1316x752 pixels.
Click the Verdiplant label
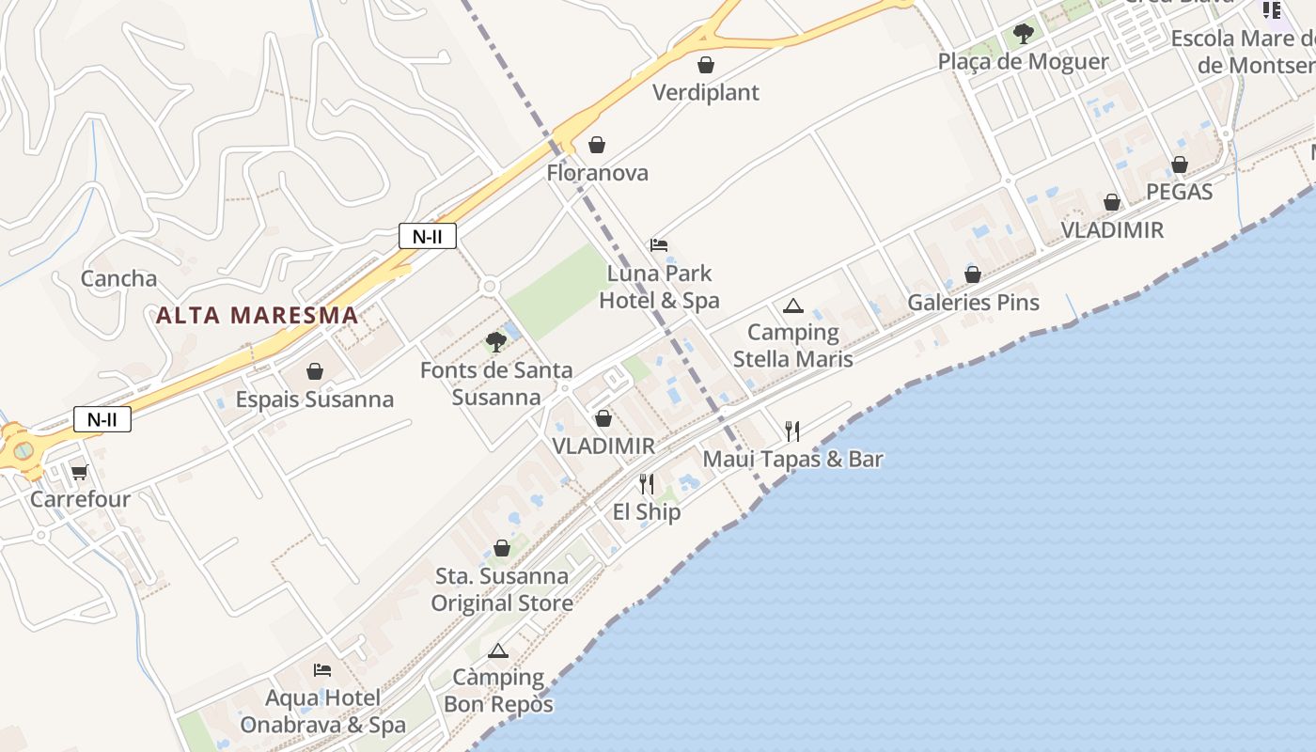pyautogui.click(x=706, y=92)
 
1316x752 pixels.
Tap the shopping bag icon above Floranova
pyautogui.click(x=596, y=145)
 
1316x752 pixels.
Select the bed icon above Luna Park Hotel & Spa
pyautogui.click(x=659, y=245)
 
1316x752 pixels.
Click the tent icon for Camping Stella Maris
pyautogui.click(x=793, y=305)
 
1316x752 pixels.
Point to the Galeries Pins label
pyautogui.click(x=973, y=302)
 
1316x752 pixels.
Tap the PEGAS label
pyautogui.click(x=1180, y=192)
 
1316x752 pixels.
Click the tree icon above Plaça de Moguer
pyautogui.click(x=1024, y=35)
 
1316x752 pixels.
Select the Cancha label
pyautogui.click(x=118, y=278)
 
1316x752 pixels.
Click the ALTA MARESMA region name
pyautogui.click(x=258, y=315)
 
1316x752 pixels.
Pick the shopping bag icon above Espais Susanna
pyautogui.click(x=315, y=372)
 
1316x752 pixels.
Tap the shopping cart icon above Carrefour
pyautogui.click(x=79, y=472)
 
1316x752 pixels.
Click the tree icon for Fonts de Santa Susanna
pyautogui.click(x=496, y=342)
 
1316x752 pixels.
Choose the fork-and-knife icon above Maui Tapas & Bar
pyautogui.click(x=792, y=431)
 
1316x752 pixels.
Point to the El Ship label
pyautogui.click(x=647, y=511)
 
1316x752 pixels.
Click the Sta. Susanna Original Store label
pyautogui.click(x=502, y=589)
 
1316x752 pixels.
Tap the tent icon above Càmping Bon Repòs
pyautogui.click(x=498, y=650)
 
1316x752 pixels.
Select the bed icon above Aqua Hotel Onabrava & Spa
pyautogui.click(x=322, y=670)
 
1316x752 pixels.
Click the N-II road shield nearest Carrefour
pyautogui.click(x=102, y=419)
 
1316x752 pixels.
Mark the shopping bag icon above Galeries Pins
pyautogui.click(x=973, y=274)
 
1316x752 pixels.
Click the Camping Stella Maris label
pyautogui.click(x=793, y=345)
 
